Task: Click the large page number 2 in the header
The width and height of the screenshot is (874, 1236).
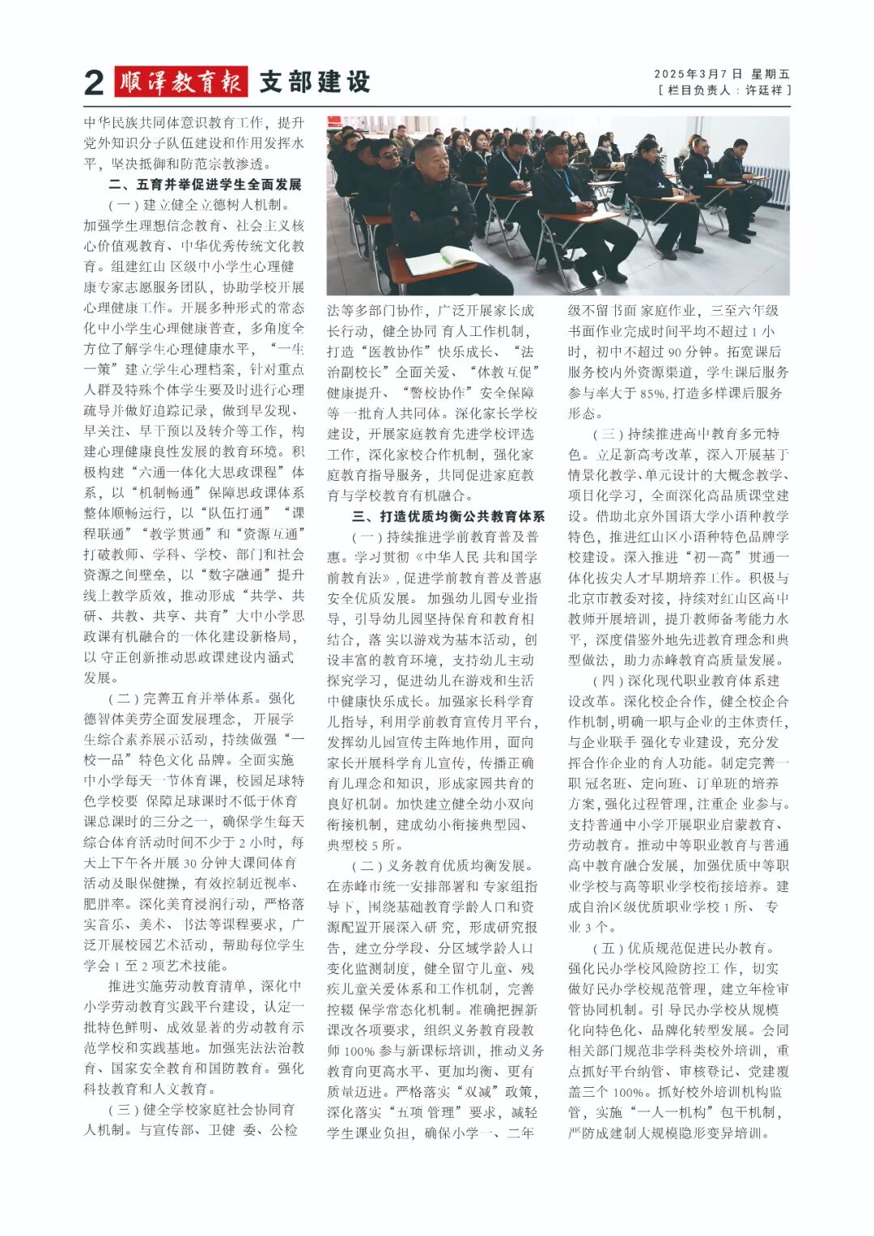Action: click(94, 83)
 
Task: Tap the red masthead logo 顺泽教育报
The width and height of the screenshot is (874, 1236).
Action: click(180, 82)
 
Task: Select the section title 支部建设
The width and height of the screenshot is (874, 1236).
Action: click(315, 82)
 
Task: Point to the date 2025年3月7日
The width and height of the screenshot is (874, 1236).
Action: click(698, 74)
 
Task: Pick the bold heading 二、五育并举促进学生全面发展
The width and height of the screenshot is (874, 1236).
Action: click(205, 185)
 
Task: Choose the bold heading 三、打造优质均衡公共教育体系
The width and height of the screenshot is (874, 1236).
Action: click(448, 516)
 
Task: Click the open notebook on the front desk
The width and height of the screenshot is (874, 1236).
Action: click(447, 261)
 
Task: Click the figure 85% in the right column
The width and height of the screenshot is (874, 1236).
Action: click(652, 393)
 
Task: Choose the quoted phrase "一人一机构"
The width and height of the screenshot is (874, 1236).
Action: click(672, 1112)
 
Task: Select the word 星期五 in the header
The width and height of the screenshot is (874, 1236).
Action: click(770, 74)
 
